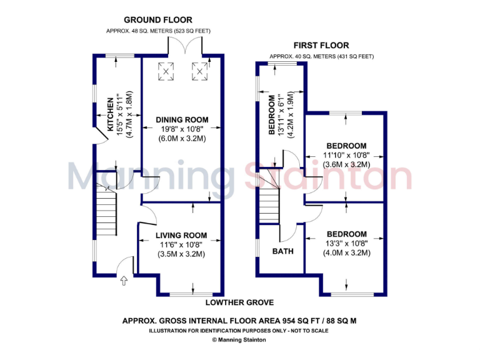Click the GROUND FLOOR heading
click(x=157, y=20)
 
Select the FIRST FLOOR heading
click(x=321, y=46)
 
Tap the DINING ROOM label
click(x=182, y=120)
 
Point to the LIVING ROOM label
click(x=181, y=236)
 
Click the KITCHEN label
click(x=111, y=114)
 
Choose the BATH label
click(x=282, y=251)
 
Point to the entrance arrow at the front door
click(x=123, y=281)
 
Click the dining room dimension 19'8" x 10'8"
click(x=182, y=129)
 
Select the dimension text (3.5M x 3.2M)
click(x=181, y=254)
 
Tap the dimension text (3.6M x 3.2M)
click(x=346, y=164)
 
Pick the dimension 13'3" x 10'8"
click(x=346, y=244)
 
